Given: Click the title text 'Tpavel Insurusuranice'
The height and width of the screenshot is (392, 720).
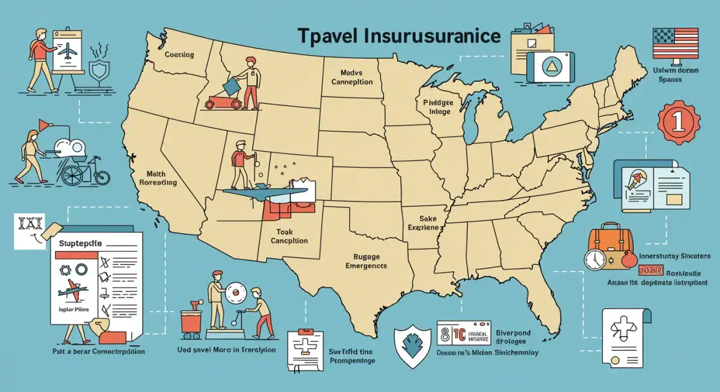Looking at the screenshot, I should (398, 37).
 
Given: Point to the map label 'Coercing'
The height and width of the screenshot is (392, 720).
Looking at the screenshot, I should (179, 55).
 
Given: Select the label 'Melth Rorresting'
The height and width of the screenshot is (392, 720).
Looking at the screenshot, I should (157, 177).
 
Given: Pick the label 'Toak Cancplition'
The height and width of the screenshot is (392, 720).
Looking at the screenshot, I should (284, 236).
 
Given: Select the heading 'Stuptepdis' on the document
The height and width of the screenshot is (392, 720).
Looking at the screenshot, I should (82, 245).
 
